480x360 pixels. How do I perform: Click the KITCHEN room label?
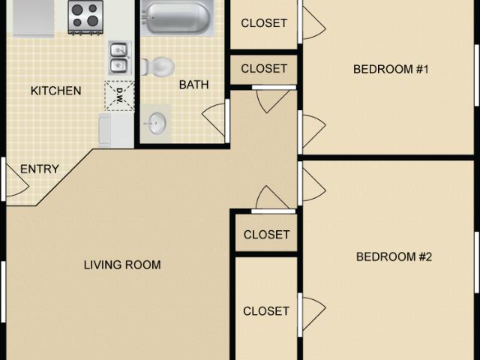(x=55, y=91)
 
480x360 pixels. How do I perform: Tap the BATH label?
(x=193, y=85)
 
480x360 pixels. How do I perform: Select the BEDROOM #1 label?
(x=390, y=70)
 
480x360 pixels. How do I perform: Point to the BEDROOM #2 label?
(x=394, y=256)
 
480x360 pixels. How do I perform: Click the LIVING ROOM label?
(x=122, y=265)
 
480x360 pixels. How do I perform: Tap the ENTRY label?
(x=40, y=169)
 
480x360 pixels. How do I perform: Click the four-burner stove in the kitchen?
(x=85, y=16)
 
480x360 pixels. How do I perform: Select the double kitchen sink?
(x=119, y=58)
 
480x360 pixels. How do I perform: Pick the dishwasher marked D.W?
(x=119, y=95)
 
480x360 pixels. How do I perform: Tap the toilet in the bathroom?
(x=156, y=67)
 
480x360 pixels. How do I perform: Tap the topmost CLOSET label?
(x=264, y=22)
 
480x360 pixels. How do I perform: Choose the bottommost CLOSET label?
(x=266, y=310)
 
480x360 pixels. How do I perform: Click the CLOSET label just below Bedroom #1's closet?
(x=264, y=68)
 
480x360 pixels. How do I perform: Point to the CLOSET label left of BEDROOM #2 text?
(x=266, y=235)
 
